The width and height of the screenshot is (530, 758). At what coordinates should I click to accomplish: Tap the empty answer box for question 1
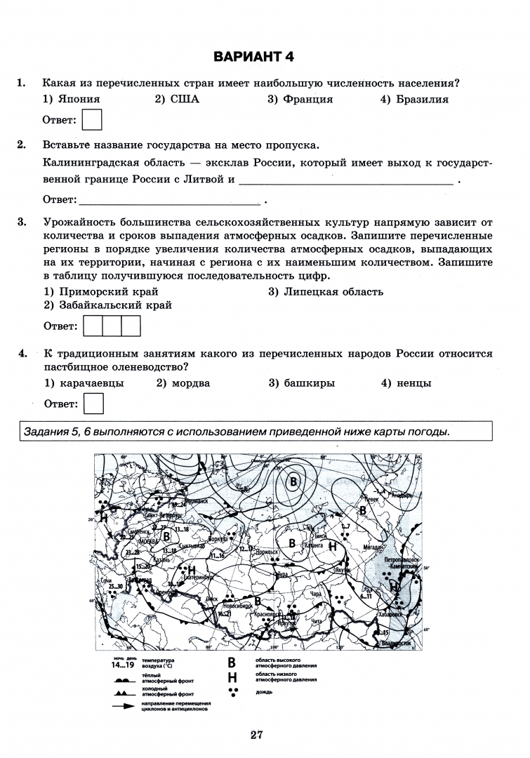[92, 119]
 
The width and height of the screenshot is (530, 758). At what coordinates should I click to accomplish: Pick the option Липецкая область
[326, 291]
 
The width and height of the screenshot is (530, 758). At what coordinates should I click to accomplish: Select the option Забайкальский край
[108, 305]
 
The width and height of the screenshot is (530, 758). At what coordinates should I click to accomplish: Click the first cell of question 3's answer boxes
[93, 326]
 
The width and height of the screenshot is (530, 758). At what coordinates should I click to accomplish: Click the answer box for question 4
[93, 404]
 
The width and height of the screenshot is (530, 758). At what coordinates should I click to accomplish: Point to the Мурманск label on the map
[194, 501]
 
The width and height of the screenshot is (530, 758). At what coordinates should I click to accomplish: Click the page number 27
[256, 735]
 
